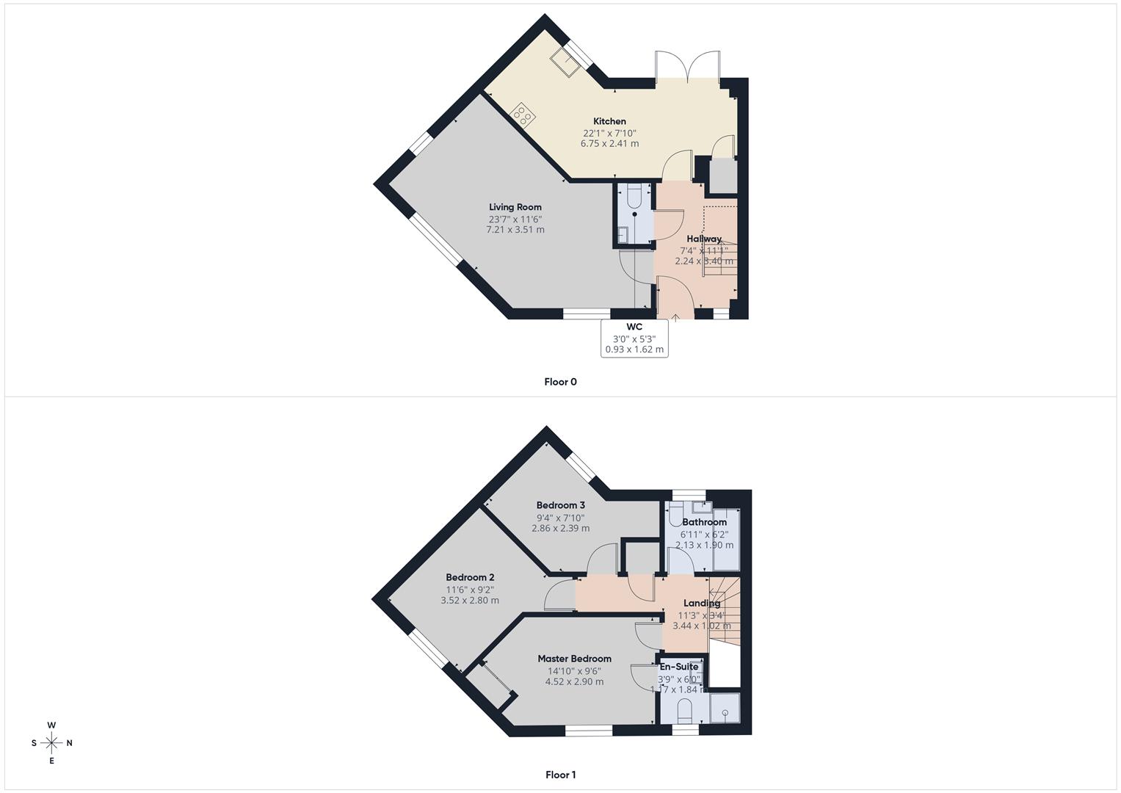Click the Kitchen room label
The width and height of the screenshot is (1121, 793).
coord(609,121)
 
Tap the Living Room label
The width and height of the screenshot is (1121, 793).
coord(515,207)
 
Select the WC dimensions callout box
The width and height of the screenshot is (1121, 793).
coord(634,338)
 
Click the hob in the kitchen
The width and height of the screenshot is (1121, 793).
coord(523,115)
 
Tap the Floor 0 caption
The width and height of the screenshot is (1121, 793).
coord(560,382)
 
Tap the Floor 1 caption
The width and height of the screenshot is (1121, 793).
coord(560,775)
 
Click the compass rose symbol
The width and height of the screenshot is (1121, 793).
coord(51,743)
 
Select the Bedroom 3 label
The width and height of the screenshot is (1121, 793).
coord(561,505)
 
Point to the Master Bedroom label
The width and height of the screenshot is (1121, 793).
coord(574,659)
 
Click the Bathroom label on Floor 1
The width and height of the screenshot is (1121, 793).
coord(704,522)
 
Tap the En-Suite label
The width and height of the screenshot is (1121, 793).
coord(678,667)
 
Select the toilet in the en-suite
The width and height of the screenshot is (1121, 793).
coord(684,709)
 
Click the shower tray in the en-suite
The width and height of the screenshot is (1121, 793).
coord(724,709)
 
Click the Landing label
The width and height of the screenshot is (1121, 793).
coord(702,604)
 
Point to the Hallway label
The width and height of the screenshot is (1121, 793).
coord(704,239)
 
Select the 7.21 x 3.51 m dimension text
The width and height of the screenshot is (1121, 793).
coord(515,230)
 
